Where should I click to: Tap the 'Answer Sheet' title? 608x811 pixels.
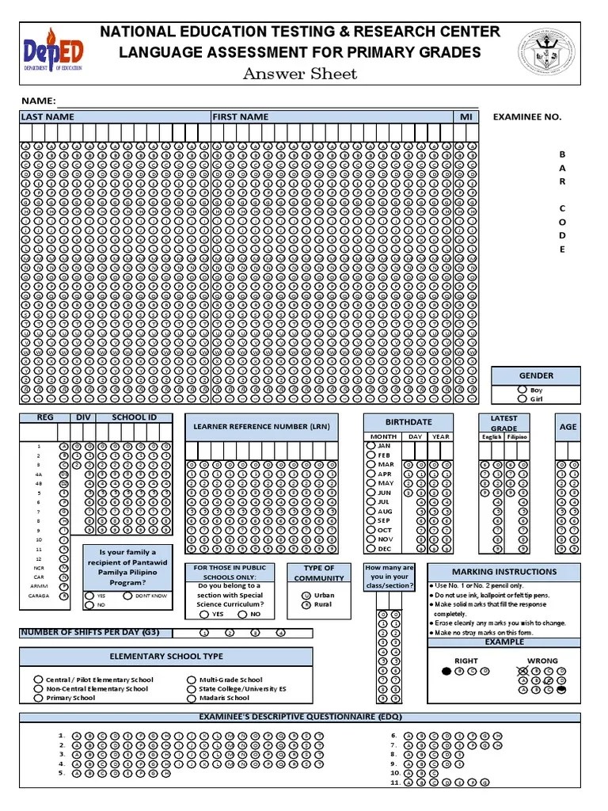299,74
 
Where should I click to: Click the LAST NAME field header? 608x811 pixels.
47,117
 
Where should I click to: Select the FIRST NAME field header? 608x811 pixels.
240,117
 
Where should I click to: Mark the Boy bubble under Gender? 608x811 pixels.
521,390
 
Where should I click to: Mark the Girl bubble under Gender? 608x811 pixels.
521,399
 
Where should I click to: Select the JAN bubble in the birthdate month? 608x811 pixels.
370,446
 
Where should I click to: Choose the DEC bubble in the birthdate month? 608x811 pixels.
370,548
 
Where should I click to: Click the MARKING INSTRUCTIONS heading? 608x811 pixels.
503,572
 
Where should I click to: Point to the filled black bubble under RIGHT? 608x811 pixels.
447,671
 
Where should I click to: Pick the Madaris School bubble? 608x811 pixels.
192,698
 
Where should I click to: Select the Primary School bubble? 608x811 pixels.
38,698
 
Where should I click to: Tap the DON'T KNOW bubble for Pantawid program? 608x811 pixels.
127,595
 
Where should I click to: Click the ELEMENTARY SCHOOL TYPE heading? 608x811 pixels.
165,657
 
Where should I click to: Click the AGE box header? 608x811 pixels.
568,427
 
